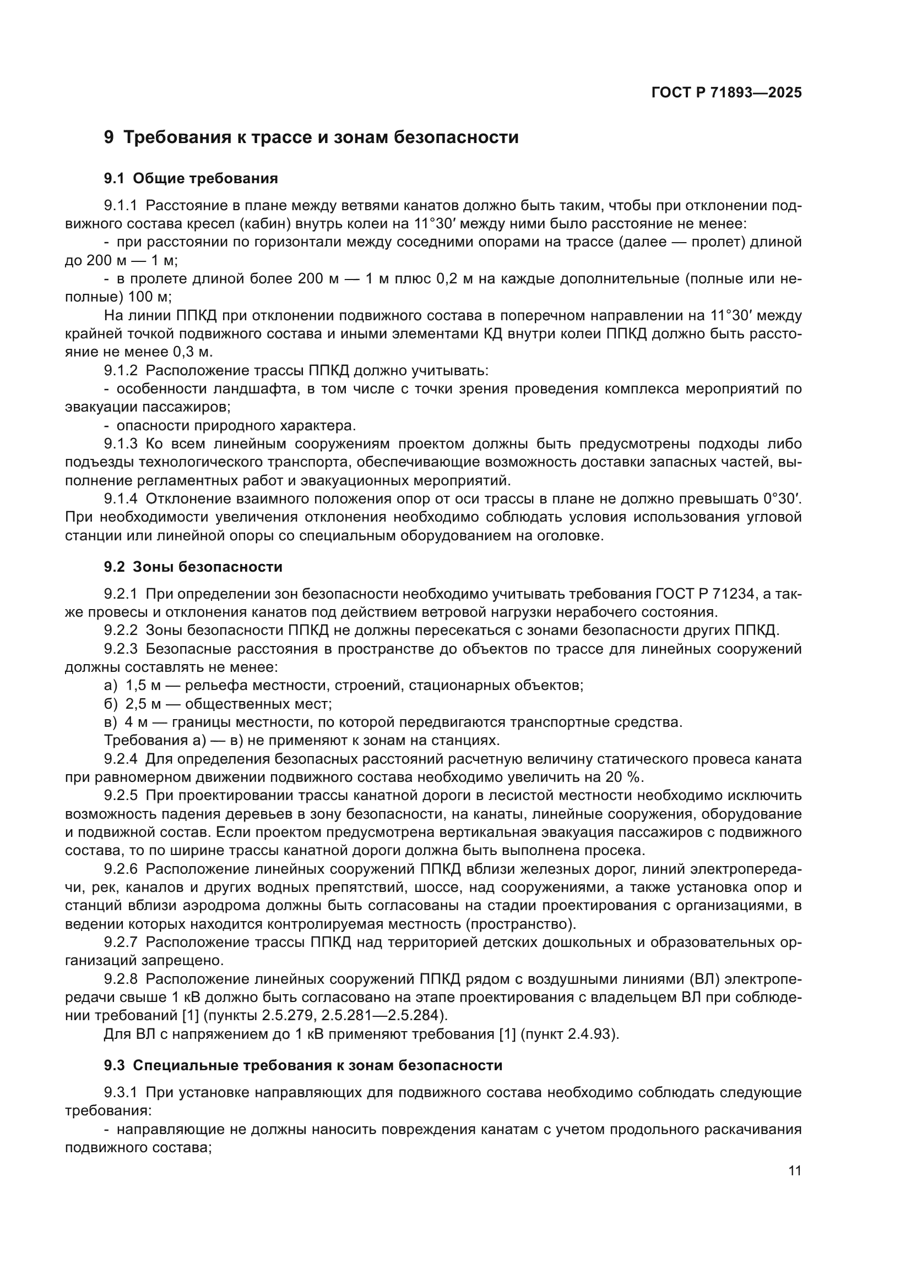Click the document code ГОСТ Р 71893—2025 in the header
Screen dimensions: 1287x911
[x=726, y=92]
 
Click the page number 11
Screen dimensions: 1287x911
[x=794, y=1170]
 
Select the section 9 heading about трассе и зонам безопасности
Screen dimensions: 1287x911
[x=311, y=138]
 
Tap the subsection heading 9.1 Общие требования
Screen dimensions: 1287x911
[x=191, y=179]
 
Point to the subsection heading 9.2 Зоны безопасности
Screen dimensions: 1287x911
[x=193, y=567]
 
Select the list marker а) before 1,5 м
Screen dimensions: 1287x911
[x=111, y=685]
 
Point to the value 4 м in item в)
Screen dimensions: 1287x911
[x=136, y=722]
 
